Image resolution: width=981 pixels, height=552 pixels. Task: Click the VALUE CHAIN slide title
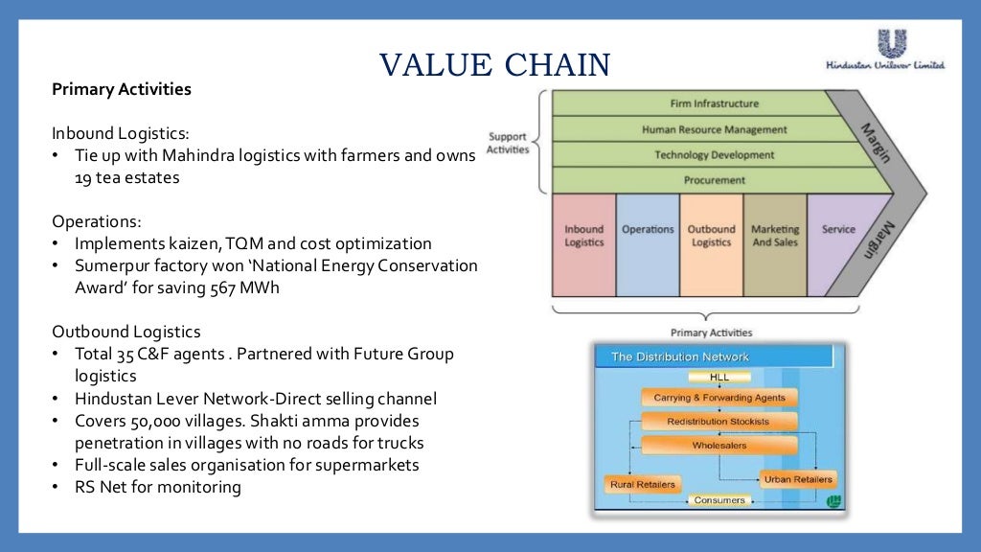coord(494,64)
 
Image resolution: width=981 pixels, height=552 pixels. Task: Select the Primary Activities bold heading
coord(122,89)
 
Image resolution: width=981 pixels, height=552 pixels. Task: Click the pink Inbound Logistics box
coord(583,244)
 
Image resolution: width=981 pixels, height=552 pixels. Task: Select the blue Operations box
coord(648,244)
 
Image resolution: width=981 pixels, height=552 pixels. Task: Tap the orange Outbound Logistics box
coord(711,244)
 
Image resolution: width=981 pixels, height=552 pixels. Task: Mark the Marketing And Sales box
coord(775,244)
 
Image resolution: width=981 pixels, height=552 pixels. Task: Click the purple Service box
coord(838,244)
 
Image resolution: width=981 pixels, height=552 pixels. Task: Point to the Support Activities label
coord(507,143)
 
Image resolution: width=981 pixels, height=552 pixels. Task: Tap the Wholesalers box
coord(719,446)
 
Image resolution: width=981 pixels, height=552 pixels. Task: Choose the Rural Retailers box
coord(642,484)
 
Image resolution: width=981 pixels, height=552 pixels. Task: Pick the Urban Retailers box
coord(798,479)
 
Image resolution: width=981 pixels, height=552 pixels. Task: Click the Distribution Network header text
coord(680,356)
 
